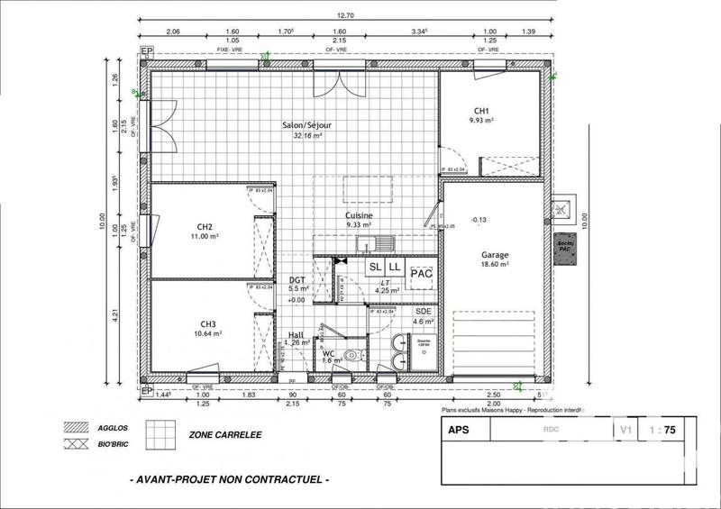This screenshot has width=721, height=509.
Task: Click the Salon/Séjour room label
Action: point(307,127)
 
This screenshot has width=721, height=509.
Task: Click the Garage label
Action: point(495,254)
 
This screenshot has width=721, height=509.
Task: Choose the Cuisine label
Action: point(359,216)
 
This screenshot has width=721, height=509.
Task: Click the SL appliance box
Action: point(374,268)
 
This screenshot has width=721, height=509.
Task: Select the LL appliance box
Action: point(394,268)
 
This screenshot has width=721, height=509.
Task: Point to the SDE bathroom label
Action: point(424,311)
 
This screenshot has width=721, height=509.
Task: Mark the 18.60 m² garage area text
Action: point(495,266)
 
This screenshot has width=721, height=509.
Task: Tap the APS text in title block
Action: point(460,431)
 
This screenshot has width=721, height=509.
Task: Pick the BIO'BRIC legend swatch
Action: point(72,444)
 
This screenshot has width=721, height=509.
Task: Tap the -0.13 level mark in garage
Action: point(479,219)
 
